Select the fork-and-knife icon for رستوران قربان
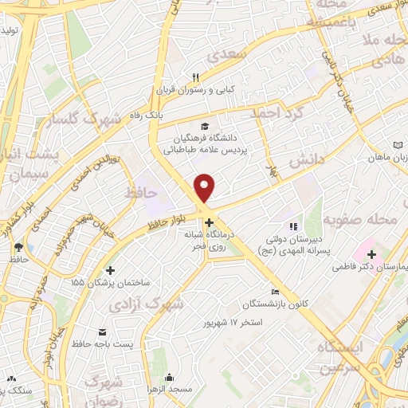coord(195,78)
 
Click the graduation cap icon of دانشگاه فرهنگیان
coord(206,126)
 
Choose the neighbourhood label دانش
coord(292,161)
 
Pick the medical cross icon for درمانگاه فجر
coord(208,222)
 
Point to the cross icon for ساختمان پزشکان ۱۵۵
coord(111,271)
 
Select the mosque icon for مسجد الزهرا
coord(169,379)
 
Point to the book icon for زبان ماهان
coord(398,145)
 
